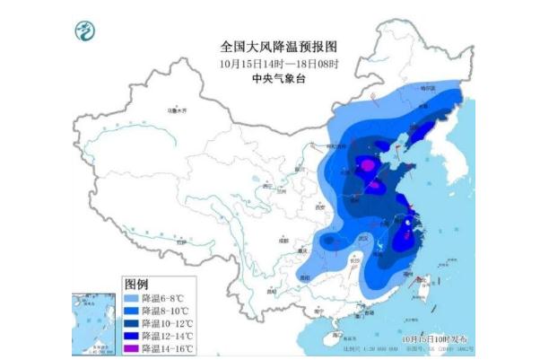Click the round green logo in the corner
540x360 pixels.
[86, 32]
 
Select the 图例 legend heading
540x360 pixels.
[136, 282]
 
